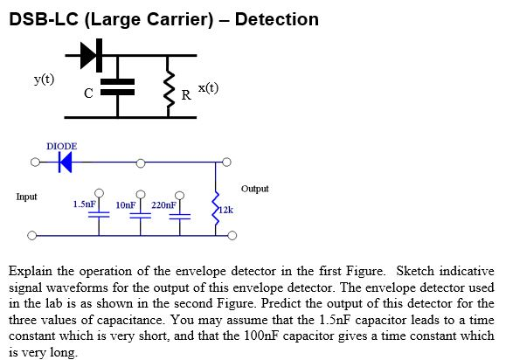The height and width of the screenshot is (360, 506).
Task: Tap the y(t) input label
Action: coord(44,80)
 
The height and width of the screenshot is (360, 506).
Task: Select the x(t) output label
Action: coord(208,87)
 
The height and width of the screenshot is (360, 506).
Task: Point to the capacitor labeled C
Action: coord(118,85)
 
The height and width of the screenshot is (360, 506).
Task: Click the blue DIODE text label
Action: coord(61,146)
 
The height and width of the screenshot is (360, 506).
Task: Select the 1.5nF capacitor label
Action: coord(84,204)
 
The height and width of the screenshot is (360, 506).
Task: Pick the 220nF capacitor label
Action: coord(163,204)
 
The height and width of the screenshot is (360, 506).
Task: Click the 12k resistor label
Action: coord(225,210)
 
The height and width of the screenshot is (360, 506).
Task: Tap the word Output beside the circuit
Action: coord(255,188)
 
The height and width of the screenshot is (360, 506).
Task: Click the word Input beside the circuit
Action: coord(26,197)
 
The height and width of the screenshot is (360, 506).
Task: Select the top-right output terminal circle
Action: coord(226,162)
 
